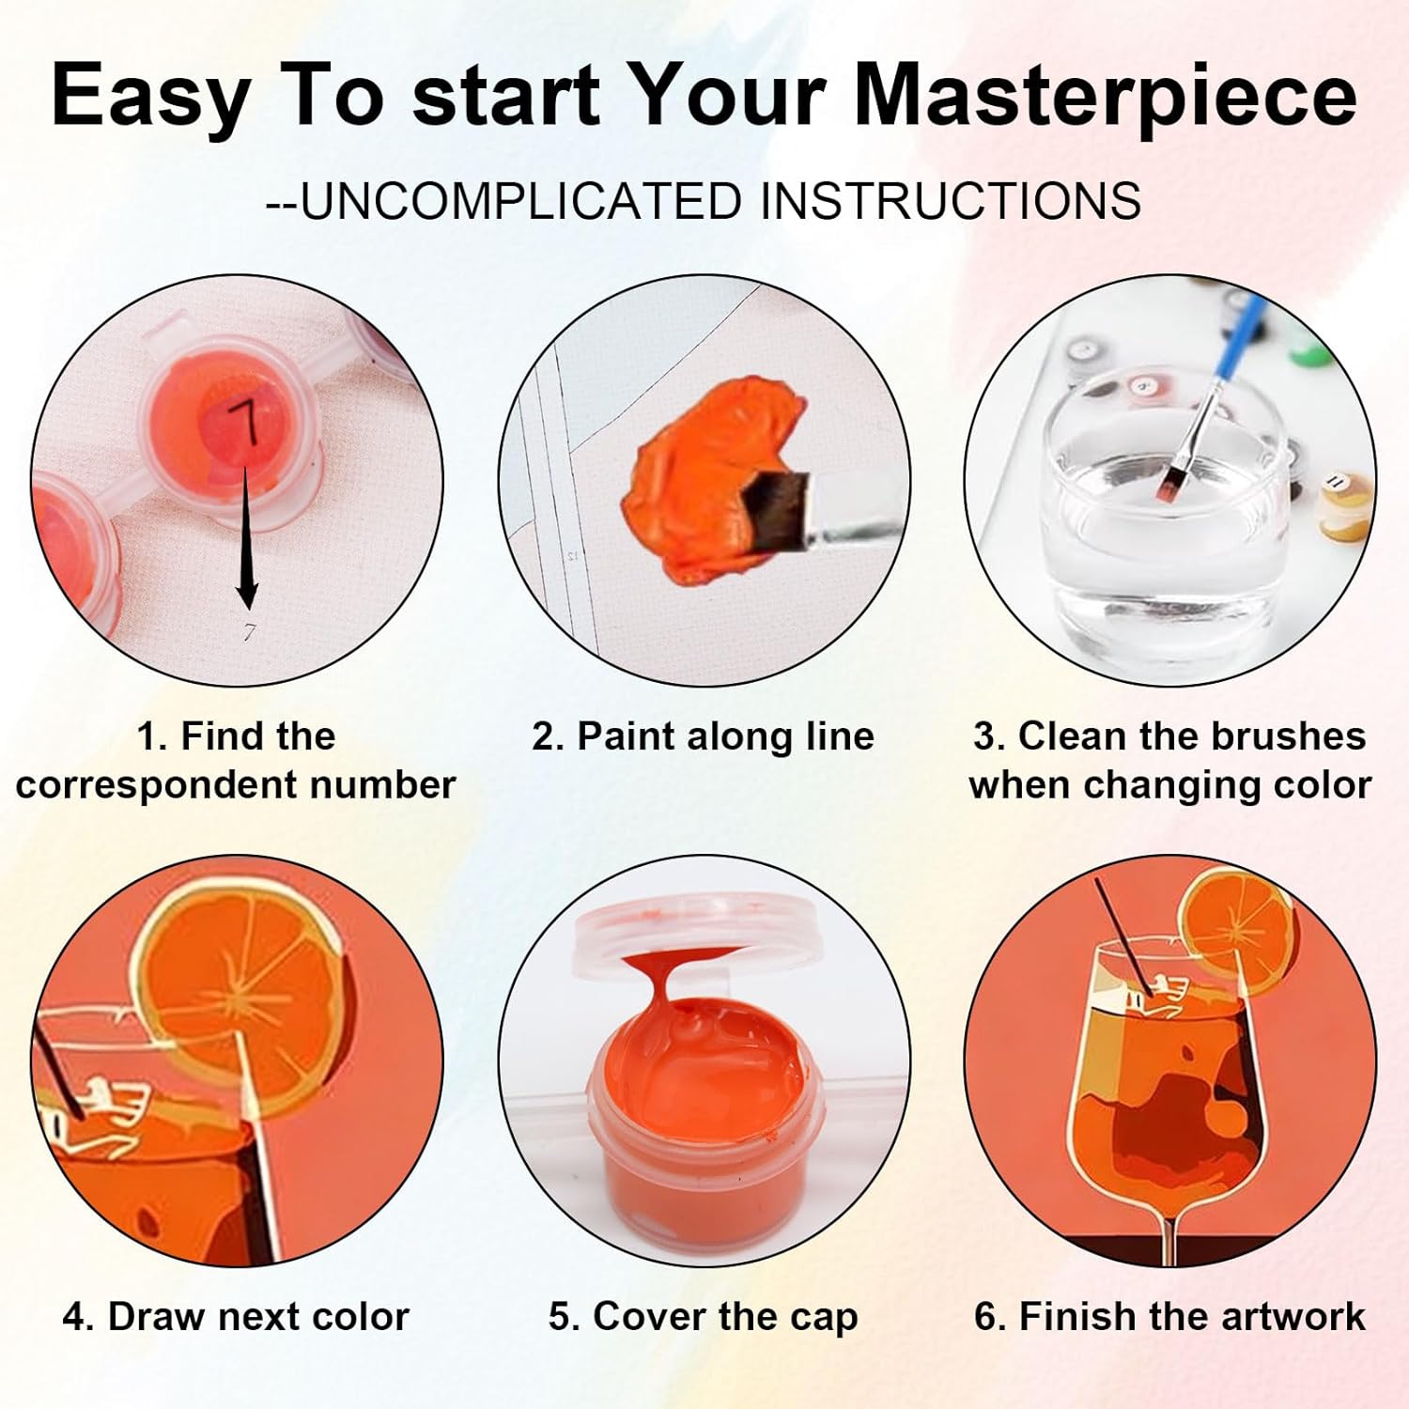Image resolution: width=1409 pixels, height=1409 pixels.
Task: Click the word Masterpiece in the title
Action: point(1106,96)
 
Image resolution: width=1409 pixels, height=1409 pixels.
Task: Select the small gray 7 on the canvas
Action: point(249,632)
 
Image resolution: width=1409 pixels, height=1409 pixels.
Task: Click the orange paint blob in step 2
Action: point(714,470)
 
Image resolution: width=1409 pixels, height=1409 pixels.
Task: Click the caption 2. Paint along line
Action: point(704,735)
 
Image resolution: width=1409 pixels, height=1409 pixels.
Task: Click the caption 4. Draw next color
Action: point(236,1316)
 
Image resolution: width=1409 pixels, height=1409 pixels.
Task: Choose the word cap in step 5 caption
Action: point(824,1318)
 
